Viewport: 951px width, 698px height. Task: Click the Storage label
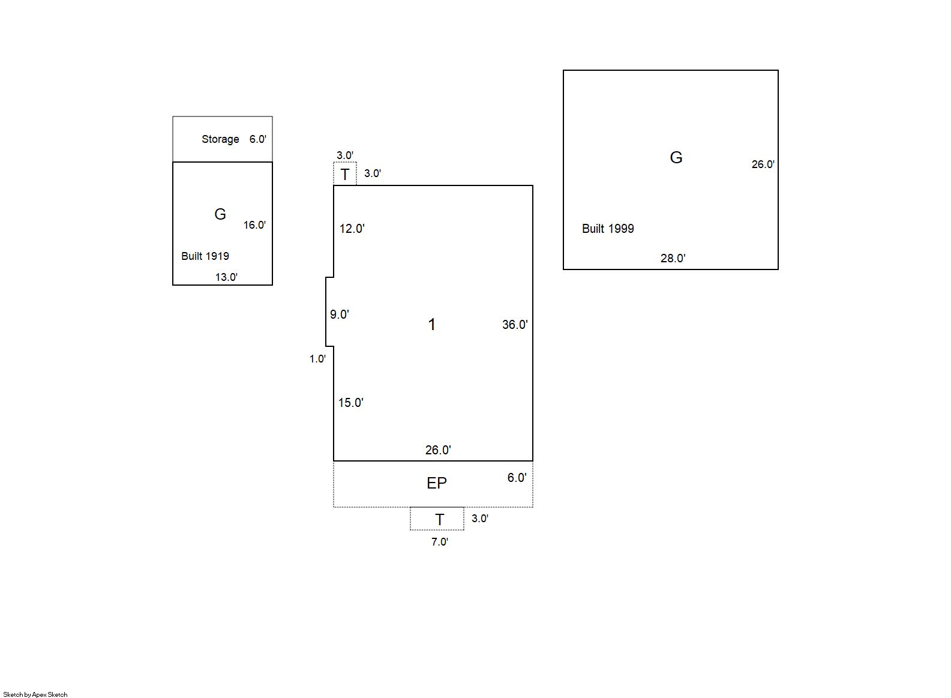coord(220,139)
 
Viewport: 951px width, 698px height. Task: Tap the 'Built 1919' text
coord(205,256)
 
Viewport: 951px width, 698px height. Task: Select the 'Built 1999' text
coord(608,229)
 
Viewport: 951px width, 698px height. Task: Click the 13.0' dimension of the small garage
coord(226,277)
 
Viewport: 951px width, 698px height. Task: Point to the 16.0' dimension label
coord(254,225)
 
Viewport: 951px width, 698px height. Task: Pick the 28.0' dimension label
coord(673,258)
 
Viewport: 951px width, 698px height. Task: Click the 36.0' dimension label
coord(515,325)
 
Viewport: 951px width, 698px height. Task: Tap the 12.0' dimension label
coord(352,229)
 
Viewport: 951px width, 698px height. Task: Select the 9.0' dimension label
coord(340,314)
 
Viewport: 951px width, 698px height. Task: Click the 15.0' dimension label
coord(350,403)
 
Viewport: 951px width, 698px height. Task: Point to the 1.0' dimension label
coord(317,359)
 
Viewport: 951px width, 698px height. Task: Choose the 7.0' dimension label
coord(440,542)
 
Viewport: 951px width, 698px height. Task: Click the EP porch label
coord(437,483)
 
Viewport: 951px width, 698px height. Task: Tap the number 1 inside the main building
coord(432,324)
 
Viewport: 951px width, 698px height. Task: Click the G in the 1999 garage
coord(676,157)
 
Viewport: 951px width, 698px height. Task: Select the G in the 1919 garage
coord(220,214)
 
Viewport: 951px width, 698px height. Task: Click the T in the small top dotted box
coord(345,175)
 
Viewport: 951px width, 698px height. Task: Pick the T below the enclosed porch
coord(440,520)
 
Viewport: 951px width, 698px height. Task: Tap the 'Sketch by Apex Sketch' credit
coord(35,694)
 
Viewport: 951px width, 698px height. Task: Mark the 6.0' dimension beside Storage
coord(258,139)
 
